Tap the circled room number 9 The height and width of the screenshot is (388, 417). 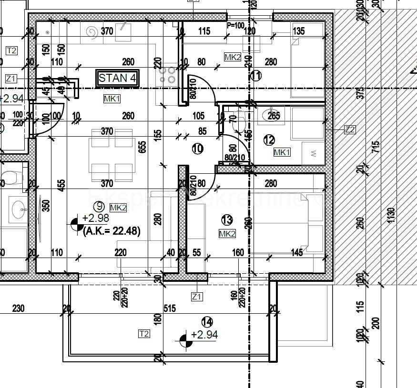coord(100,207)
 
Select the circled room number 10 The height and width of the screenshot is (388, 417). coord(197,149)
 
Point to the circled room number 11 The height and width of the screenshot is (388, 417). coord(256,75)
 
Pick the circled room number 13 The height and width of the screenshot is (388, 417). coord(227,219)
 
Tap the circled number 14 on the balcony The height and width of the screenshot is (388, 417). coord(206,321)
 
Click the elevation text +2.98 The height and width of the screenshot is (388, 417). coord(95,218)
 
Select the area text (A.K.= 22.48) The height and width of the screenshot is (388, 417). coord(112,232)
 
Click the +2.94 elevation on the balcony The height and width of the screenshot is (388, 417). coord(204,335)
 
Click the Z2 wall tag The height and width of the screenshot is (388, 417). coord(350,129)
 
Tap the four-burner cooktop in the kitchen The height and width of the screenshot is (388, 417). coord(168,75)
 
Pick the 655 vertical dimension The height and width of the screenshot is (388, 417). coord(142,148)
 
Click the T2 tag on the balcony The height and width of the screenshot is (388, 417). coord(143,334)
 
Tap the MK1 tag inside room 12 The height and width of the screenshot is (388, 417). coord(282,152)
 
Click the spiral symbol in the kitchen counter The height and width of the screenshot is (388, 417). coord(91,32)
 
